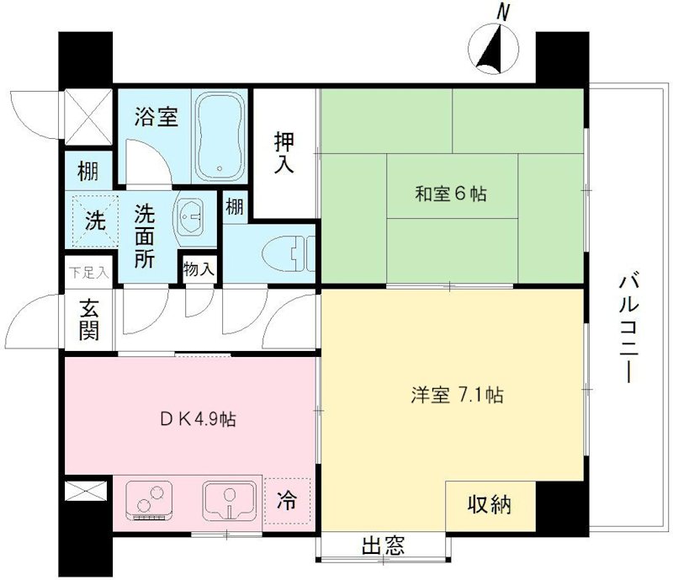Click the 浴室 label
coord(156,118)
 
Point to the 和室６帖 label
coord(452,194)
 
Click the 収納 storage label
coord(490,505)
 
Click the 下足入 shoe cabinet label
coord(88,272)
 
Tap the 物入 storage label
coord(199,270)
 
